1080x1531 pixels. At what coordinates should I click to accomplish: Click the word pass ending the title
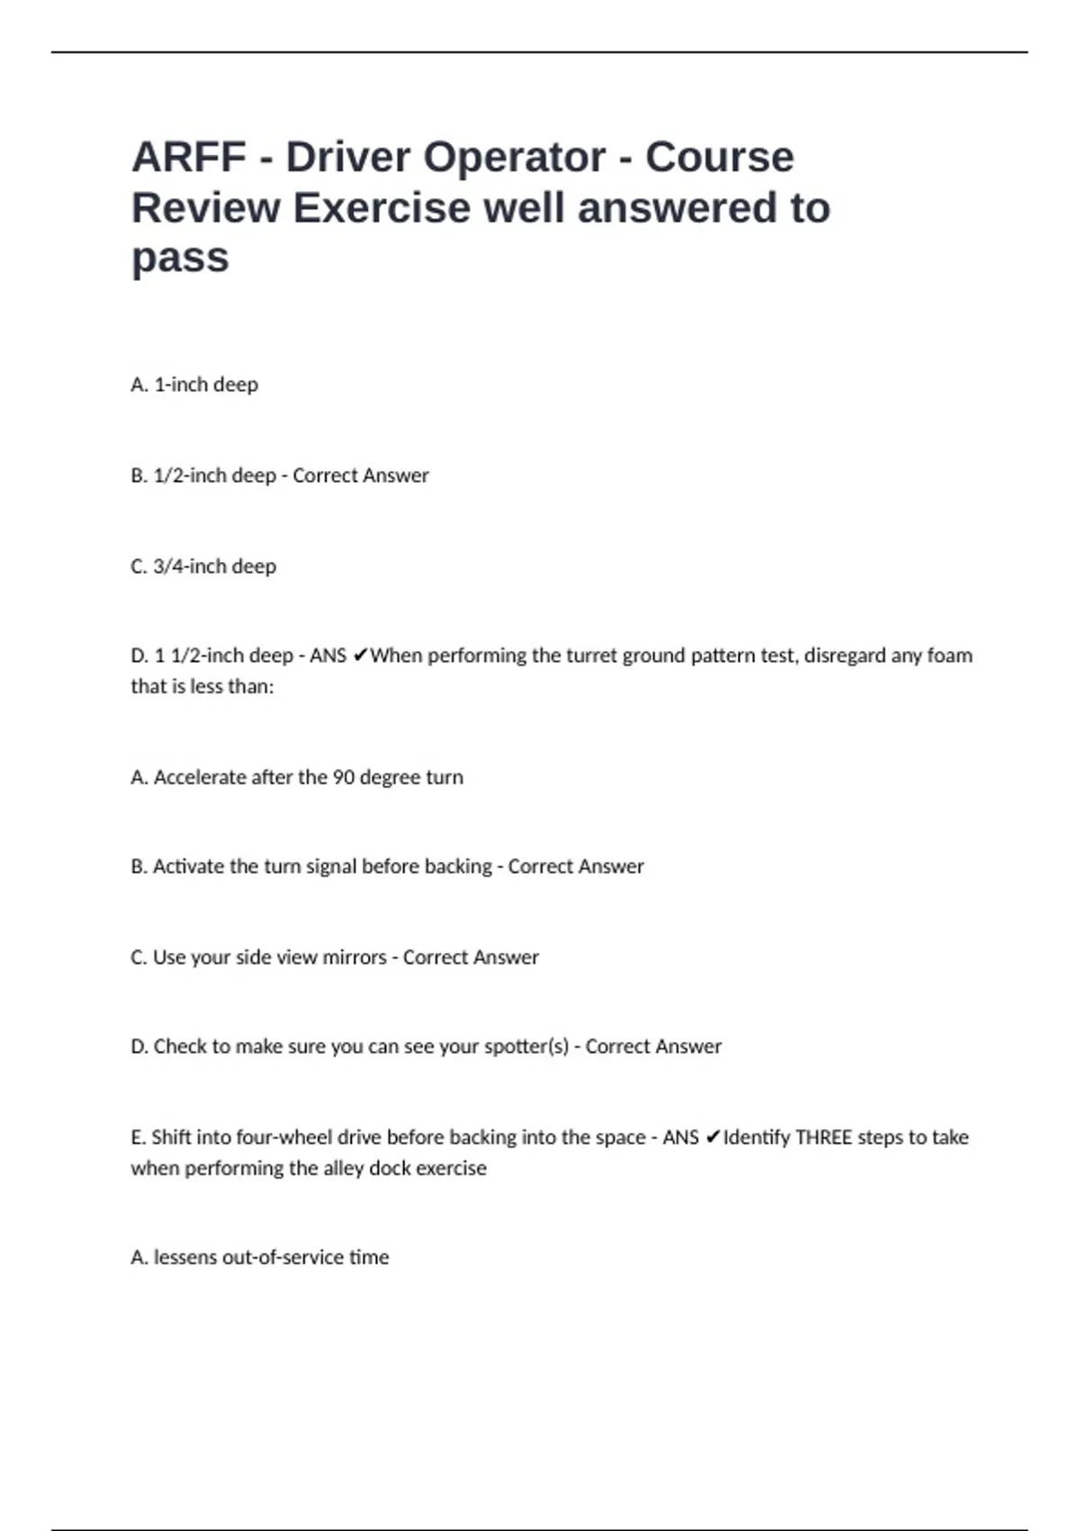click(180, 258)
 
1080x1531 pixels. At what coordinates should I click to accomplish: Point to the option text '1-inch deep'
click(206, 385)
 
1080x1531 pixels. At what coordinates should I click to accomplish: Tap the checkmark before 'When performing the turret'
click(359, 656)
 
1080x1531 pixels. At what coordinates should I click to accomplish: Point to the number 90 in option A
click(343, 777)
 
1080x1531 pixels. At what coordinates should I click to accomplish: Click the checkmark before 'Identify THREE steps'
click(712, 1137)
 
